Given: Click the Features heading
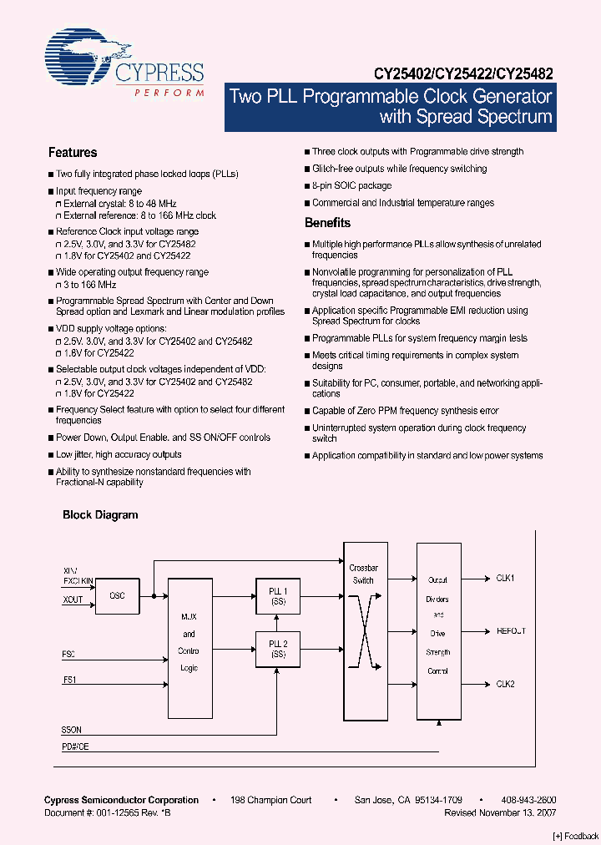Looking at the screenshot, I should point(73,153).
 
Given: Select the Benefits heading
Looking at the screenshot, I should point(327,223).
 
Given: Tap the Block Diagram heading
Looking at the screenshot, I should point(100,515).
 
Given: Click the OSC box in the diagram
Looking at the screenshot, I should point(117,596).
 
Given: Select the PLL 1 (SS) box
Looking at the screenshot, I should point(277,596).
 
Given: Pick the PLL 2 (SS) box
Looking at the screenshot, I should point(277,649).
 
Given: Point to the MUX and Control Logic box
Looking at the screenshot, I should point(189,646).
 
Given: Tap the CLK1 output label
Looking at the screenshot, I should point(506,578).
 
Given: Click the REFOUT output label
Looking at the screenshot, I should point(511,631).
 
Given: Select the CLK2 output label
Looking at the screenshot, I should point(506,684).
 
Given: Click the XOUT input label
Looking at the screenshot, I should point(73,600).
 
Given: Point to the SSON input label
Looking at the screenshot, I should point(72,730).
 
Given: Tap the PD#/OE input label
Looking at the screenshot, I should point(75,746).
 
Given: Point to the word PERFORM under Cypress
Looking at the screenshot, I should point(169,94).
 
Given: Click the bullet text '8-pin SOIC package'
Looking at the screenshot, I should point(351,186).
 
